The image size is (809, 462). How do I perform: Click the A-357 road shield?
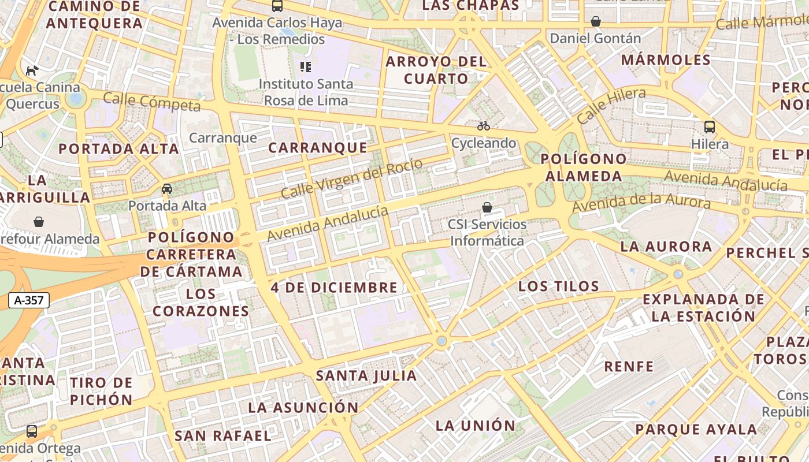(29, 300)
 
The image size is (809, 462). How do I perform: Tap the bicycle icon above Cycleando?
(484, 126)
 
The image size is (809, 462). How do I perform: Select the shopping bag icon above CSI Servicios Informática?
(487, 207)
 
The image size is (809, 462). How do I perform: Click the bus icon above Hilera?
(710, 127)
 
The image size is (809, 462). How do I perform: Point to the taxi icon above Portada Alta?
(167, 189)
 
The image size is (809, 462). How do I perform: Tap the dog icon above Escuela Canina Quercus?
(32, 70)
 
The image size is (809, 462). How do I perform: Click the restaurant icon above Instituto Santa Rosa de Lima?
(306, 67)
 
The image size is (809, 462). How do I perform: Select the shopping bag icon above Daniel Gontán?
(596, 22)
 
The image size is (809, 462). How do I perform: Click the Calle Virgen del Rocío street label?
(351, 178)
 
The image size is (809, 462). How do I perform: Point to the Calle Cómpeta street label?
(152, 102)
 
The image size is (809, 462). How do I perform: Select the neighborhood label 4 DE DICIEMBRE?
(334, 287)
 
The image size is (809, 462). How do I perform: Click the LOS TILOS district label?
(559, 286)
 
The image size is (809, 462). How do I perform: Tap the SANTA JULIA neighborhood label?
(366, 375)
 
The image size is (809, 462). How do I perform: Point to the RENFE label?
(629, 366)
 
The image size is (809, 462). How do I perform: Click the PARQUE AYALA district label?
(696, 429)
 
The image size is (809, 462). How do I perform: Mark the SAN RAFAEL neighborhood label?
(222, 435)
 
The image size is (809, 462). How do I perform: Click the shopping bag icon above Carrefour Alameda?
(39, 222)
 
